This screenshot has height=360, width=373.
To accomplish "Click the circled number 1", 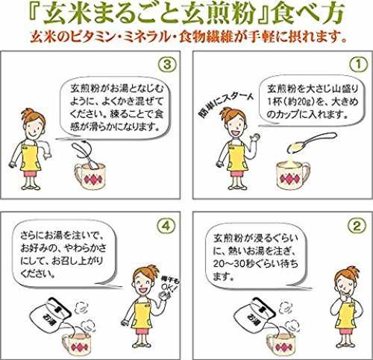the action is click(358, 65).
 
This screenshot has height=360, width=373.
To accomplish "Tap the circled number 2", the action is click(357, 226).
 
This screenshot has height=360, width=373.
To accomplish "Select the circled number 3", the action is click(167, 65).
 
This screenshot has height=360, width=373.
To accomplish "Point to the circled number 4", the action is click(166, 226).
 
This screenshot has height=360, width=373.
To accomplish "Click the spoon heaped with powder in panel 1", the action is click(312, 142).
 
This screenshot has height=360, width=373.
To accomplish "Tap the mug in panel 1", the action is click(293, 174).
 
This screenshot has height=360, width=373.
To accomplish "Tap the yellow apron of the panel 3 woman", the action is click(31, 157).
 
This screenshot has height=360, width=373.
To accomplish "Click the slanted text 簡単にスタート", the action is click(226, 105).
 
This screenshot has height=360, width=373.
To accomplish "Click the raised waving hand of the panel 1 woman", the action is click(256, 137).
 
